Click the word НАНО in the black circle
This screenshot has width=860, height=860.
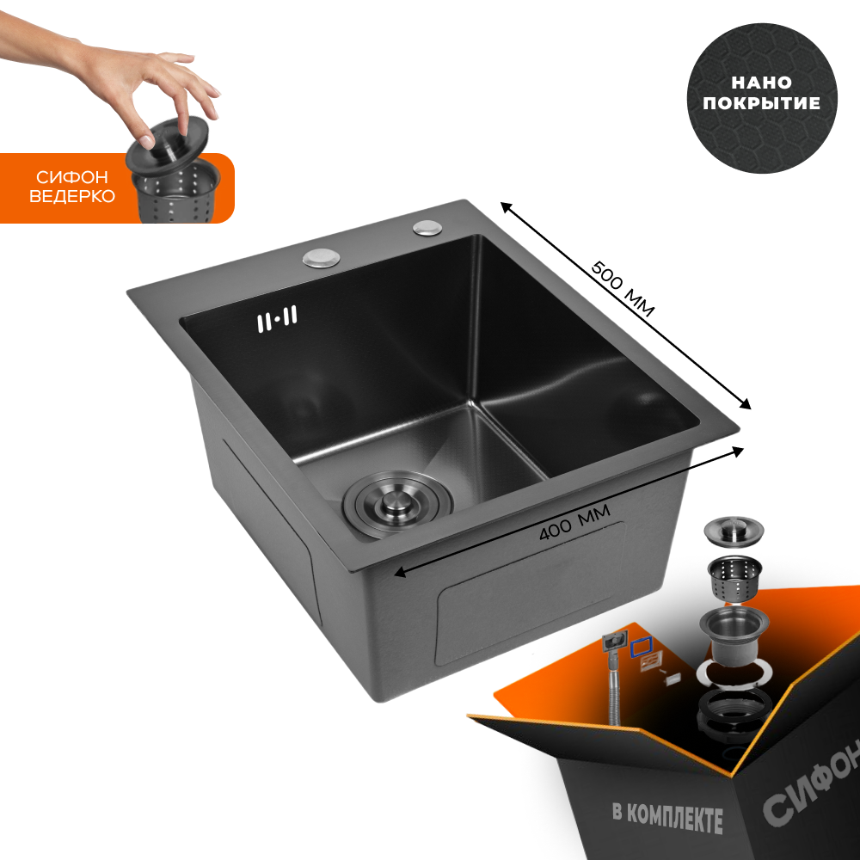pyautogui.click(x=761, y=83)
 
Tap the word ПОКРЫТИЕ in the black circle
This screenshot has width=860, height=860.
pyautogui.click(x=761, y=103)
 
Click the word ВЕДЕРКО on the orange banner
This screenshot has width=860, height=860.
pyautogui.click(x=72, y=196)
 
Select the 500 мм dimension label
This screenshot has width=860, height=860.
pyautogui.click(x=623, y=289)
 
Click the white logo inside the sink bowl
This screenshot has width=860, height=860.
pyautogui.click(x=278, y=319)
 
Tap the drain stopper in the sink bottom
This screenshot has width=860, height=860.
pyautogui.click(x=397, y=503)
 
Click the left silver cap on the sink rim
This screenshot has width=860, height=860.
pyautogui.click(x=322, y=258)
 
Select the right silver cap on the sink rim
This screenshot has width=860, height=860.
pyautogui.click(x=427, y=227)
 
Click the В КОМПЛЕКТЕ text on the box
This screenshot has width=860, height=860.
pyautogui.click(x=667, y=818)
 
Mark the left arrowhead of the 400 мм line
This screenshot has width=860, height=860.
pyautogui.click(x=399, y=574)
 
